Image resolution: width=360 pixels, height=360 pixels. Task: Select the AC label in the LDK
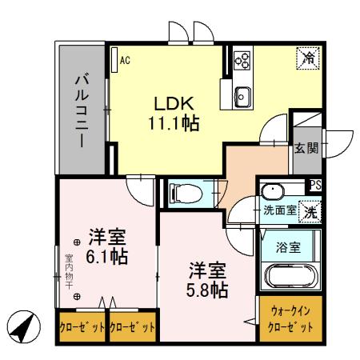126,59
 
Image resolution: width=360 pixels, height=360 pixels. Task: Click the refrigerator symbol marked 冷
306,58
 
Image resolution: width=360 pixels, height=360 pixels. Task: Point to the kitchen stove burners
242,59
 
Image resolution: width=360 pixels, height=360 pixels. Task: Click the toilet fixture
182,192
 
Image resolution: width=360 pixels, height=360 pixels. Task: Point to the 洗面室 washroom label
280,211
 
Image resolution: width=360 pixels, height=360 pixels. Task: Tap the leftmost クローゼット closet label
81,328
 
